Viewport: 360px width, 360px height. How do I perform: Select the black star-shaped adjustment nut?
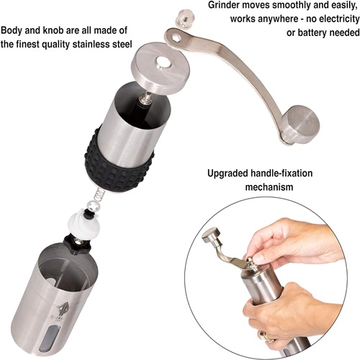point(77,243)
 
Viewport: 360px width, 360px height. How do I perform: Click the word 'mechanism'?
point(269,187)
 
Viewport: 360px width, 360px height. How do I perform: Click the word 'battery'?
point(312,32)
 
